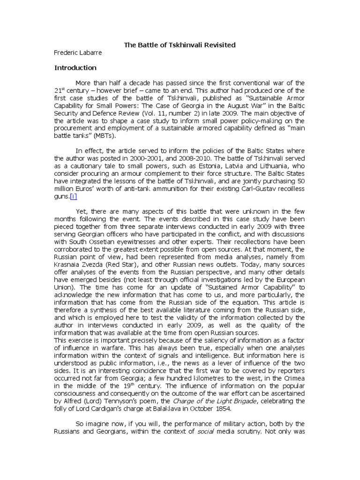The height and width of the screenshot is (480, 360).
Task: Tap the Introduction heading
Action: point(75,67)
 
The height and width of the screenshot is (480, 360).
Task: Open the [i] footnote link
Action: point(74,196)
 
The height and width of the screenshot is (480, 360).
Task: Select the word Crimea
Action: point(294,378)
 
